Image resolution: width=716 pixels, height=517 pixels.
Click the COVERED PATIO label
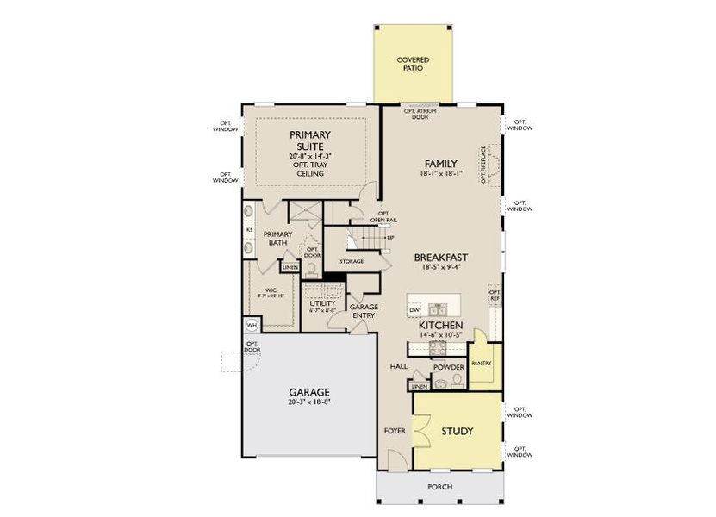(x=413, y=64)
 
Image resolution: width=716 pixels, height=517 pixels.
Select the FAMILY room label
(x=440, y=164)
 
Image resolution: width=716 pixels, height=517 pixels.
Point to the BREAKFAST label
(x=440, y=257)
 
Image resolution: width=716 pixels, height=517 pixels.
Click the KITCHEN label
(x=436, y=325)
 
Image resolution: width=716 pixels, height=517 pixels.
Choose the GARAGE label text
(x=308, y=391)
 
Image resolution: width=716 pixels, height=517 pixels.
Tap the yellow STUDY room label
(x=458, y=431)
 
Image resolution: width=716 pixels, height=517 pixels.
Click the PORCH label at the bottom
(x=439, y=487)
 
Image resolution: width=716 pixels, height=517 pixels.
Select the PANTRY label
(x=482, y=363)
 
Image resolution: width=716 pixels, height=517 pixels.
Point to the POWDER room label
(x=449, y=367)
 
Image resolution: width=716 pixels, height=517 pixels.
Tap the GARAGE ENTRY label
(x=362, y=311)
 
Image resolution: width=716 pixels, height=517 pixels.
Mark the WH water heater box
(x=252, y=325)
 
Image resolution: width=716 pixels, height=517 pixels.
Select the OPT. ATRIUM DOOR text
(x=415, y=114)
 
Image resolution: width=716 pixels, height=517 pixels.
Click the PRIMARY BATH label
(x=277, y=239)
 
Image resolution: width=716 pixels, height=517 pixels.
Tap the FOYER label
(x=392, y=430)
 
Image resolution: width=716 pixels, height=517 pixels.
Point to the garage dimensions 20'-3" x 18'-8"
(x=308, y=402)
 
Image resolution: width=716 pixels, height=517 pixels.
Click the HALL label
(x=397, y=366)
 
